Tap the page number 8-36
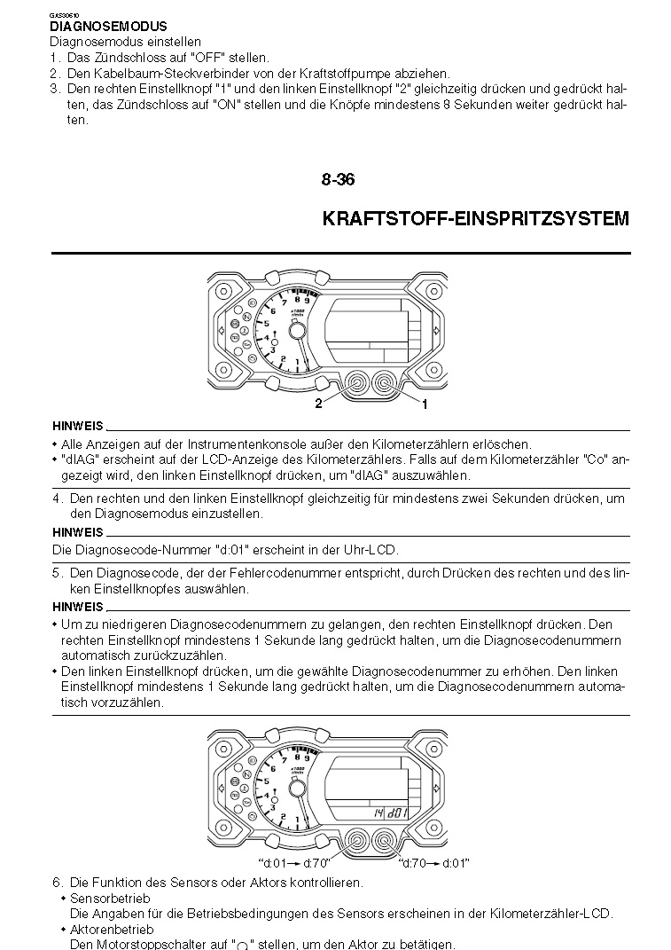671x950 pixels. (x=338, y=180)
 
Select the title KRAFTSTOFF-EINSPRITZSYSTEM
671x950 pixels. (x=476, y=218)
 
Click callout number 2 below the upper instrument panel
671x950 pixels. (x=317, y=404)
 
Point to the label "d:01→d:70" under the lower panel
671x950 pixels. (x=294, y=863)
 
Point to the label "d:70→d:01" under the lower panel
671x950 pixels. (x=434, y=863)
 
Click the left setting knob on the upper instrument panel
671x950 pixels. (x=354, y=383)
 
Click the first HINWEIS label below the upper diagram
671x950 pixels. (x=77, y=426)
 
